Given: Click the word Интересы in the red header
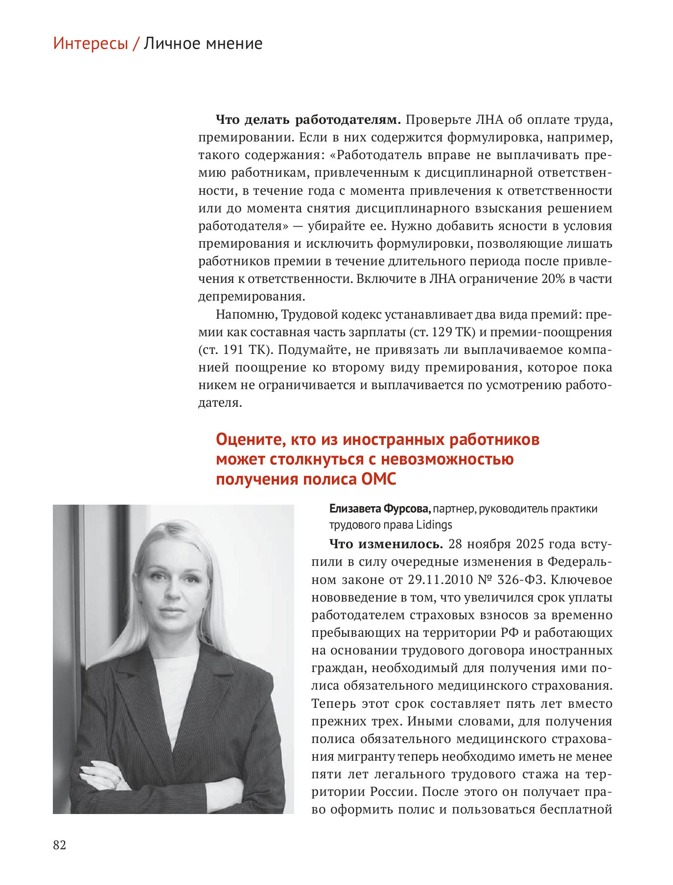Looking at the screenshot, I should pos(91,44).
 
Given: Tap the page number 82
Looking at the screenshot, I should pos(59,845).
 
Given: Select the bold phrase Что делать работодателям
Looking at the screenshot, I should pos(308,120).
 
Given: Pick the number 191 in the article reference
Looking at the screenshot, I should pos(234,349).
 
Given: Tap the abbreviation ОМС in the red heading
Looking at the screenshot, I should pos(378,479).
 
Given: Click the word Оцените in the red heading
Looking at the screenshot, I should pos(251,440).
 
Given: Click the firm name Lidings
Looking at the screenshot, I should pos(434,525).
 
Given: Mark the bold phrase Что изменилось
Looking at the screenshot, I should pos(386,544).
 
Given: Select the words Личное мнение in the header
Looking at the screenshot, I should pos(203,44).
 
